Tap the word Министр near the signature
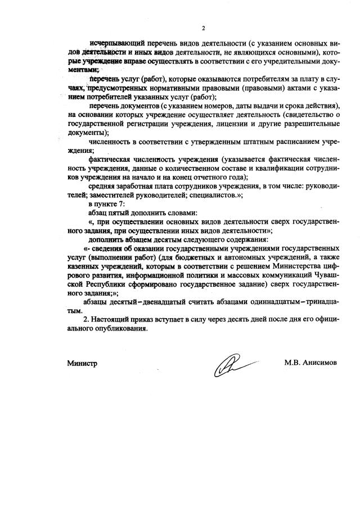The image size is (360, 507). pyautogui.click(x=82, y=363)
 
